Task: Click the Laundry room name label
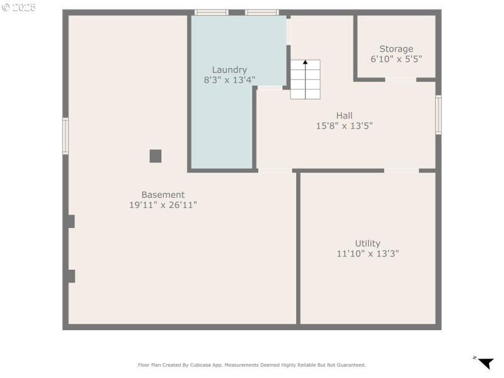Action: [x=229, y=70]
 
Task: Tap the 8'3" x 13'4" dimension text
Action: [x=229, y=80]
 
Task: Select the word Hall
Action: [x=344, y=115]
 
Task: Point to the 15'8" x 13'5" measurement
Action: [x=344, y=125]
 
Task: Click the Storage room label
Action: [x=396, y=49]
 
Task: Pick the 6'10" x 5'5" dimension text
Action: [x=396, y=59]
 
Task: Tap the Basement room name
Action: [x=163, y=195]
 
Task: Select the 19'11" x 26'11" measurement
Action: [x=163, y=205]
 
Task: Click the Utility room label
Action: [x=367, y=243]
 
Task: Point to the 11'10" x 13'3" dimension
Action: [x=367, y=253]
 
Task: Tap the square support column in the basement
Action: [x=156, y=156]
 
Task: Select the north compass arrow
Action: [x=485, y=363]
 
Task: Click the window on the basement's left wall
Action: [x=65, y=136]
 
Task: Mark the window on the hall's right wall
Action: [x=438, y=115]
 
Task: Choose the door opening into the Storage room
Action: [x=401, y=80]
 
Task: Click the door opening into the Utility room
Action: [x=401, y=171]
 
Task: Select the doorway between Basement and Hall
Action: [x=275, y=171]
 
